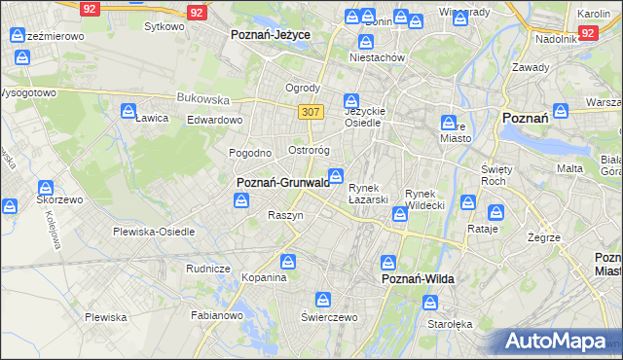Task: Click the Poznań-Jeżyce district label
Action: tap(270, 34)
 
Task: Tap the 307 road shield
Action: tap(311, 112)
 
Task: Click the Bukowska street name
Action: tap(202, 98)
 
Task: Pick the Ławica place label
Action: tap(152, 118)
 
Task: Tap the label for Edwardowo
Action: tap(214, 120)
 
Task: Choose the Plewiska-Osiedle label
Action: tap(154, 232)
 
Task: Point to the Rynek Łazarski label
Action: tap(369, 194)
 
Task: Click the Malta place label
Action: tap(569, 168)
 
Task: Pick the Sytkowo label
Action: tap(164, 26)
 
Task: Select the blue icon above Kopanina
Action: tap(288, 261)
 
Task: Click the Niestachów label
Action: tap(377, 57)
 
